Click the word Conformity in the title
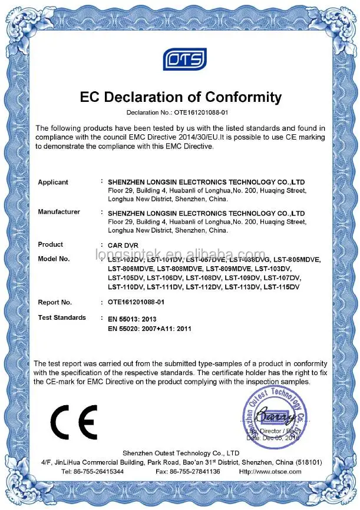[234, 97]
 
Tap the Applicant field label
[53, 183]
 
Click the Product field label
[51, 244]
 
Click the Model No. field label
[54, 259]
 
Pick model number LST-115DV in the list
[282, 287]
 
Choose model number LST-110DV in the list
[126, 287]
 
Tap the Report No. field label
[55, 302]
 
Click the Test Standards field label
[62, 317]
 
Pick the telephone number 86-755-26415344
[100, 471]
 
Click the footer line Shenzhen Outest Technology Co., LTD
[181, 453]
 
